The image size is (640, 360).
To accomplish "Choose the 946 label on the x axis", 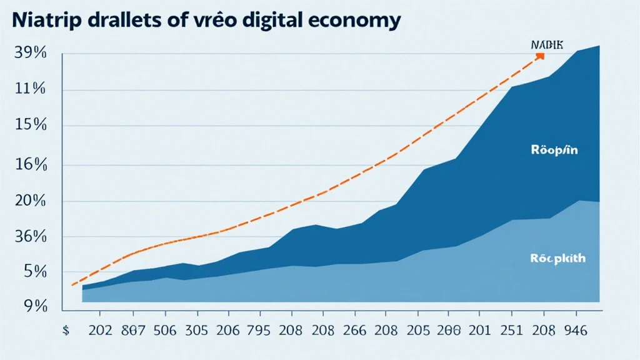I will coord(574,331).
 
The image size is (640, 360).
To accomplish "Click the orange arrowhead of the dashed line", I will coord(540,56).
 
